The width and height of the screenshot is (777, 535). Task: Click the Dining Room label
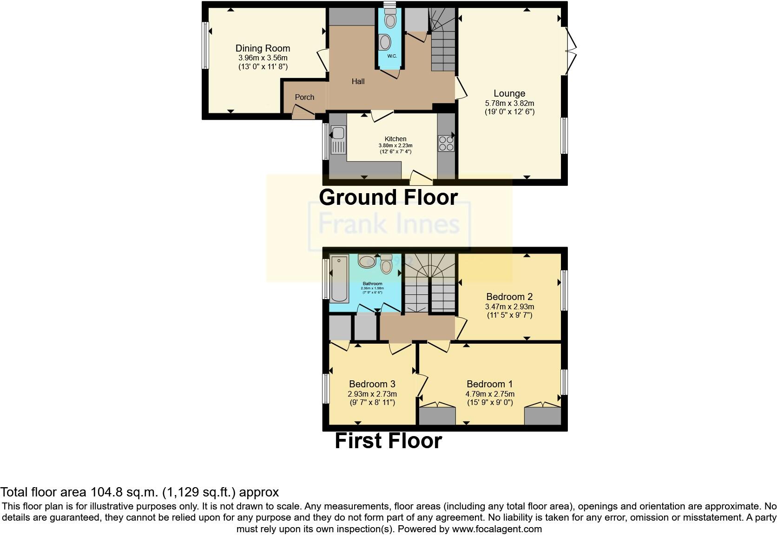[263, 48]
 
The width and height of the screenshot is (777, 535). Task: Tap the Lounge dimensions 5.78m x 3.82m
[509, 103]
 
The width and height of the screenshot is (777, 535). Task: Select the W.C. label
[392, 56]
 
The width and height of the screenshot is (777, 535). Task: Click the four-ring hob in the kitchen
[446, 143]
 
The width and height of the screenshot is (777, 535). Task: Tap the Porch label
[304, 97]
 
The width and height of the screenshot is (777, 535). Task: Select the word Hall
[358, 81]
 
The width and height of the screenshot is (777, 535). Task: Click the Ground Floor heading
[388, 197]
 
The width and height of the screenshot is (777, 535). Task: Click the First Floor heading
[388, 441]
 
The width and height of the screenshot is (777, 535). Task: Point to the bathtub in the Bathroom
[339, 279]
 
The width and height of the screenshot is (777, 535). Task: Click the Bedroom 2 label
[509, 297]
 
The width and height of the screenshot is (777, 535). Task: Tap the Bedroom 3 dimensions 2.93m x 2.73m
[372, 394]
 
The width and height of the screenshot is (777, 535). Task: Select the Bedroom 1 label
[489, 384]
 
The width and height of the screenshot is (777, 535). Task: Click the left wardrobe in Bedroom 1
[437, 415]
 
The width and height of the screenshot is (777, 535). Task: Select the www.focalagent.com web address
[496, 529]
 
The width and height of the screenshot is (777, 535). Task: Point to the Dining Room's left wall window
[204, 45]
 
